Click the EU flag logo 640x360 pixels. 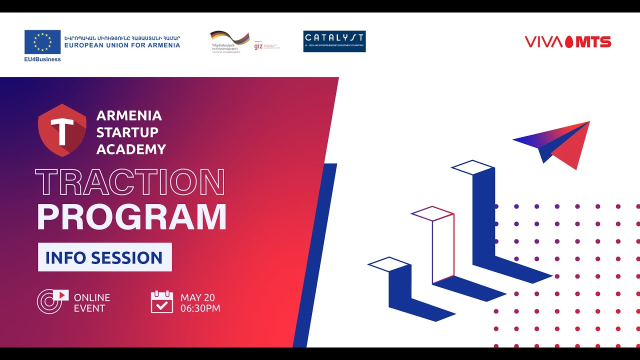(42, 42)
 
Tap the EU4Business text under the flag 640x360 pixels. (42, 59)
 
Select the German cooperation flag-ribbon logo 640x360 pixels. (230, 38)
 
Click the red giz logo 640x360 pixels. (258, 46)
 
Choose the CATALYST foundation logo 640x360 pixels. (334, 41)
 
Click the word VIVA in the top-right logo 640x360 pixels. (543, 42)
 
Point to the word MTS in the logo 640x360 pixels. (593, 42)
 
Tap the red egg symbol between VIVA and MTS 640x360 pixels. (569, 42)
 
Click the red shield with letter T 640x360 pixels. (62, 130)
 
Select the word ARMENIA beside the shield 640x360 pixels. (129, 116)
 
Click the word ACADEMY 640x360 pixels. (131, 149)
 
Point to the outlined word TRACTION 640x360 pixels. (130, 182)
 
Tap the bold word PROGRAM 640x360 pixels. (131, 216)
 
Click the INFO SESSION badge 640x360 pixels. (104, 257)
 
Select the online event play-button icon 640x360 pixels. (52, 301)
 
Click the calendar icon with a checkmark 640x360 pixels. (162, 302)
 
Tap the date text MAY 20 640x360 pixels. (197, 297)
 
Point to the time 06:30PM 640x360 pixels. (200, 308)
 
